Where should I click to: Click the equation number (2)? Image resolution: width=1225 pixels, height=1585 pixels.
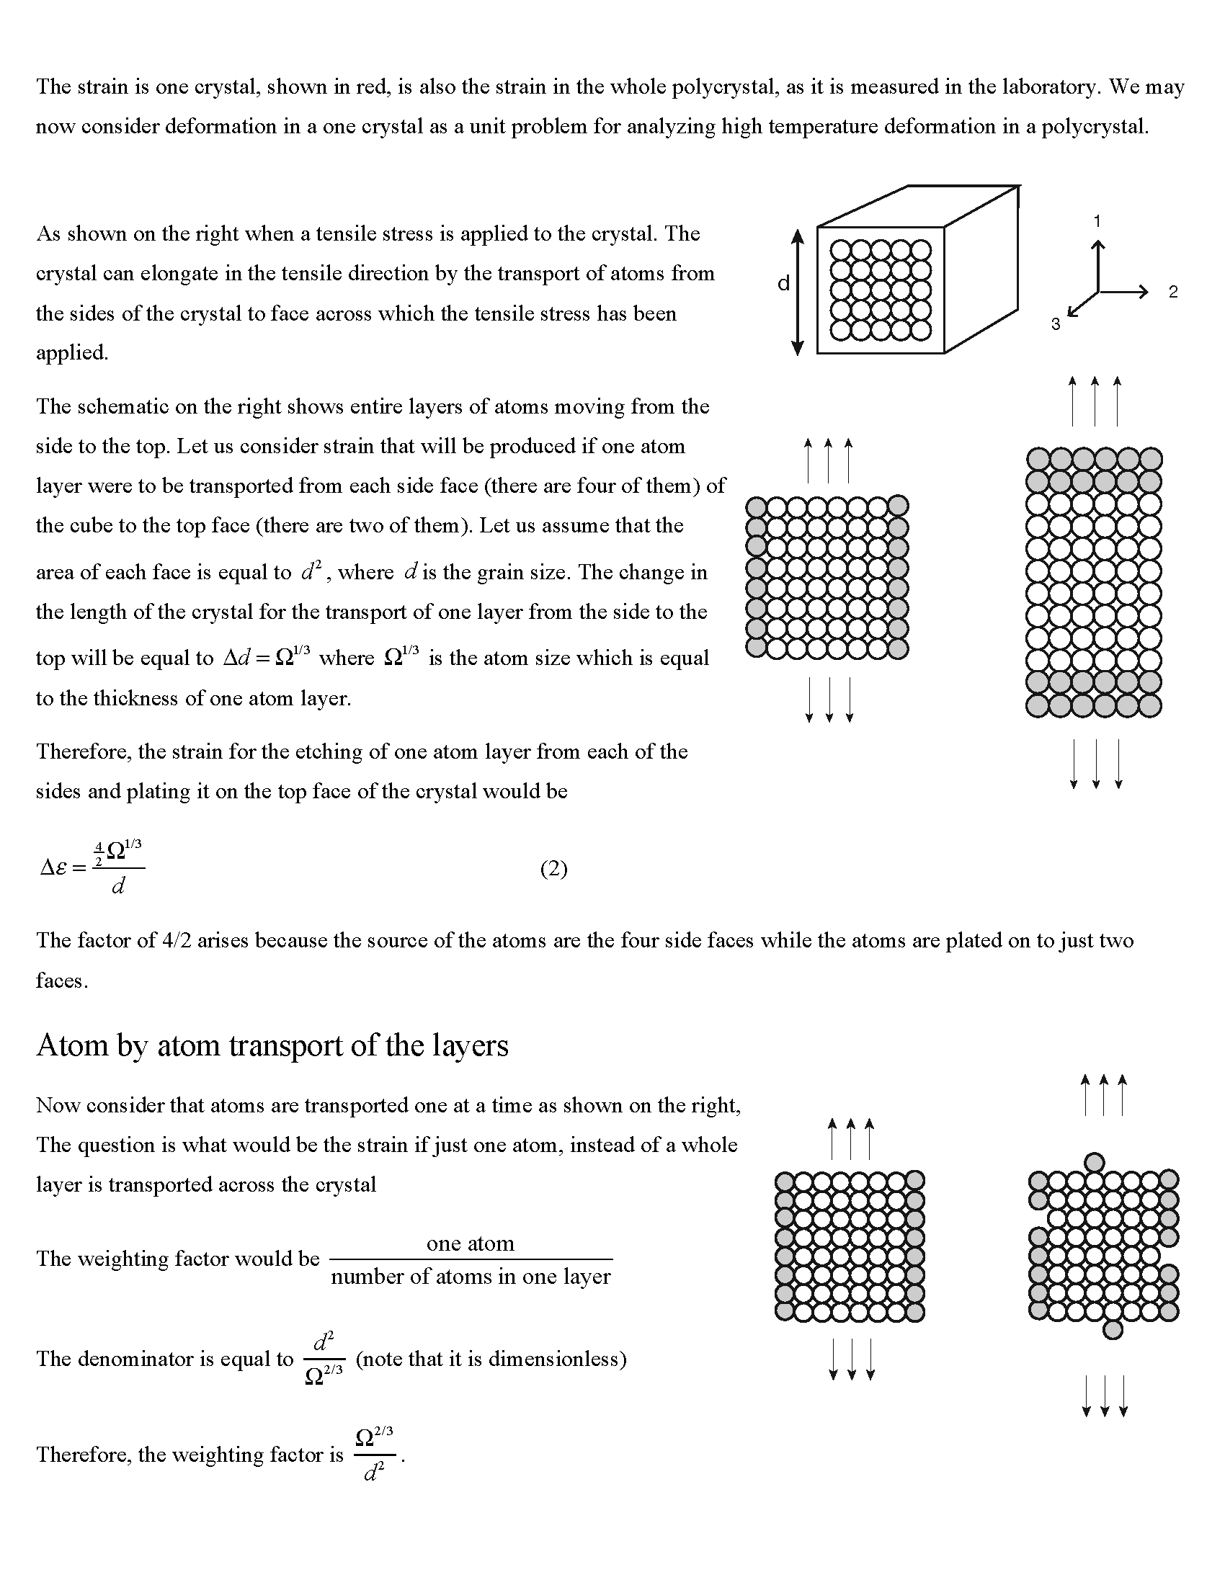coord(553,869)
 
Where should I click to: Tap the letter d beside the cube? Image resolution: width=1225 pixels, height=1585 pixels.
coord(783,284)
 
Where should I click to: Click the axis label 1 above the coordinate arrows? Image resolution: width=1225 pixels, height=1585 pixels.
coord(1097,221)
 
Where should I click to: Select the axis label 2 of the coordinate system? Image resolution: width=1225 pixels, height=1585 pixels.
coord(1172,292)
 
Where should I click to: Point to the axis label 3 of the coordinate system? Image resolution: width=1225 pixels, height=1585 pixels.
coord(1056,324)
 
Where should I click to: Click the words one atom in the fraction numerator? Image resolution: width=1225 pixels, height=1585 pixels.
coord(471,1244)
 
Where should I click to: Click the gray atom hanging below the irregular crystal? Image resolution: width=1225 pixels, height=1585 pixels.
coord(1112,1329)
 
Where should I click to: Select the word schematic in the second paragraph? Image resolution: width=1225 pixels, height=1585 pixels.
coord(120,406)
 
